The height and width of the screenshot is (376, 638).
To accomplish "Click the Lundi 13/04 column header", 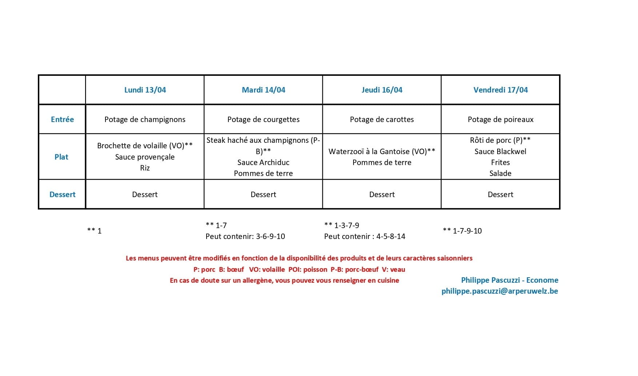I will coord(145,90).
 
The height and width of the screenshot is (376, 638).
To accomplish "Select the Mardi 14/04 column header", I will coord(263,90).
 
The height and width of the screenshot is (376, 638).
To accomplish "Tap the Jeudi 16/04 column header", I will coord(382,90).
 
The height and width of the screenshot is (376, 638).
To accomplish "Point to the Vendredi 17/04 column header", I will coord(501,90).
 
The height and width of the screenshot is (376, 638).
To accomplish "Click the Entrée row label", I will coord(62,120).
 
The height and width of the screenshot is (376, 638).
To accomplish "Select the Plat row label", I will coord(61,157).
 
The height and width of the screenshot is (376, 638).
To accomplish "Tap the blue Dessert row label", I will coord(62,195).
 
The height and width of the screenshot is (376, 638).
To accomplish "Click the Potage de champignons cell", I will coord(145,120).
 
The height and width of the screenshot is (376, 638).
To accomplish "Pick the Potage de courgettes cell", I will coord(263,120).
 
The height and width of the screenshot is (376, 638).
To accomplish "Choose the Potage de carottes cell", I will coord(382,120).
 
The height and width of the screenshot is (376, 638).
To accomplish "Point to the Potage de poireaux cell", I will coord(501,120).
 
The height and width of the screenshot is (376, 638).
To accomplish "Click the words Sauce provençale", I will coord(145,157).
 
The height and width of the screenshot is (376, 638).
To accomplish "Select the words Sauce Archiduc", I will coord(263,162).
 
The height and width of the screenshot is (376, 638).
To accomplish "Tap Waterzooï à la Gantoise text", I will coord(376,152).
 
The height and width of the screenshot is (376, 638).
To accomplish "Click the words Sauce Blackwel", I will coord(501,152).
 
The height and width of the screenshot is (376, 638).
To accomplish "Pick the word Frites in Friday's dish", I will coord(501,162).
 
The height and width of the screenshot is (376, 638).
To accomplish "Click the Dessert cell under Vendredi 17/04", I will coord(501,195).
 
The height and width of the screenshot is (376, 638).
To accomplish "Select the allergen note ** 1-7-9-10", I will coord(462,231).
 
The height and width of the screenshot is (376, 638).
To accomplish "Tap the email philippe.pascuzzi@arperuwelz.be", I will coord(500,291).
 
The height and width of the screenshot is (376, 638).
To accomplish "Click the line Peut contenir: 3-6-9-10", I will coord(245,236).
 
